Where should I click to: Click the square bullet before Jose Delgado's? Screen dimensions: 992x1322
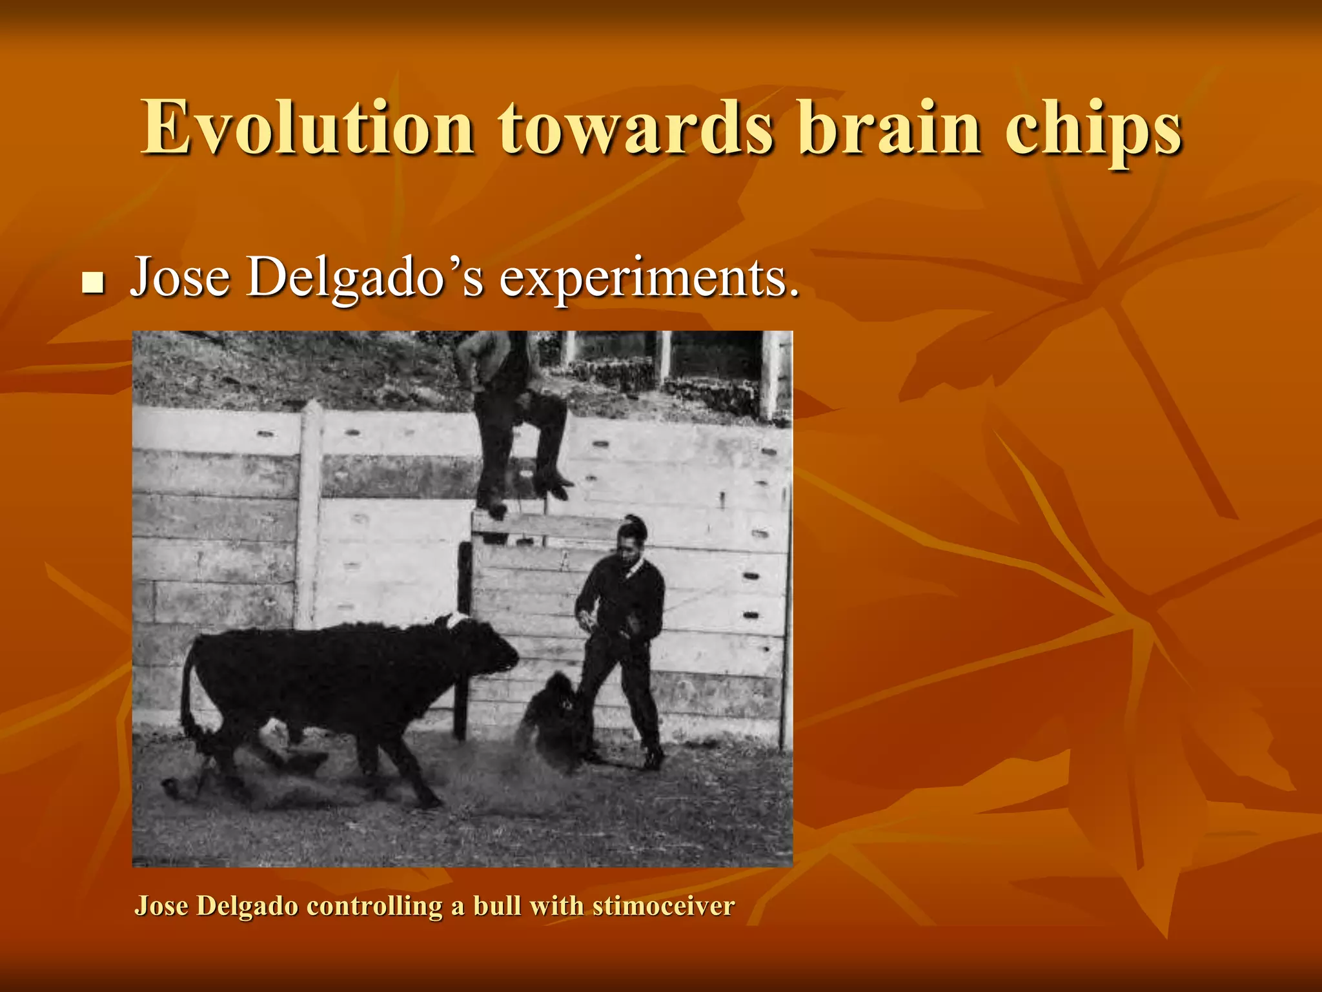click(94, 282)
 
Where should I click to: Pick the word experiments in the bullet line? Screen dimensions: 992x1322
click(649, 280)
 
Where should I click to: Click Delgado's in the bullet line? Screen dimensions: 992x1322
click(365, 278)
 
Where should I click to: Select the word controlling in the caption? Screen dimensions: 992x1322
click(374, 905)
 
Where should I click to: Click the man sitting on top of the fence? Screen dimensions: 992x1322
click(510, 413)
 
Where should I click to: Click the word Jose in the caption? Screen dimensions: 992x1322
click(161, 905)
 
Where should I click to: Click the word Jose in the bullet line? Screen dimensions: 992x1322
click(180, 278)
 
